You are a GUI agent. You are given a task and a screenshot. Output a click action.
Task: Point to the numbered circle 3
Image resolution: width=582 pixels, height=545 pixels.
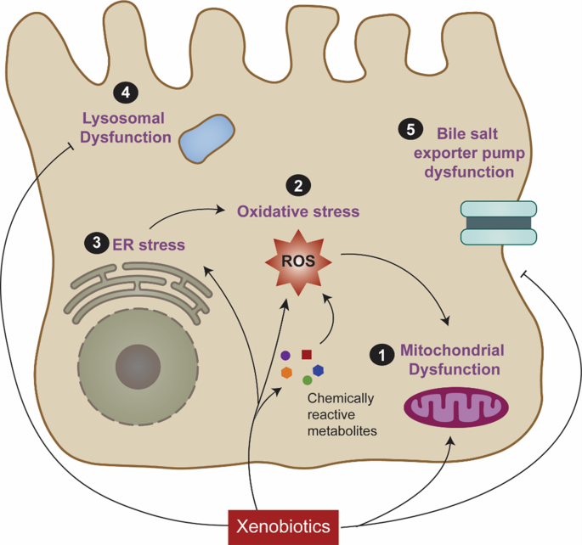[x=96, y=243]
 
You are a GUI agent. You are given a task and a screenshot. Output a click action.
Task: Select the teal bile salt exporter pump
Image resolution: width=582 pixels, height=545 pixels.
[x=498, y=222]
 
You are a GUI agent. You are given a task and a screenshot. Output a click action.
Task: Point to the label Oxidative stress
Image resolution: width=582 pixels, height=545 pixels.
[x=298, y=211]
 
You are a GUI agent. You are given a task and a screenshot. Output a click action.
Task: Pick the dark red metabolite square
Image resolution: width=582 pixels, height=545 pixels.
[x=307, y=354]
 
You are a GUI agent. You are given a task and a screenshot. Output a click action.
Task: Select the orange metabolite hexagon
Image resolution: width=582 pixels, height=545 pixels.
[x=287, y=373]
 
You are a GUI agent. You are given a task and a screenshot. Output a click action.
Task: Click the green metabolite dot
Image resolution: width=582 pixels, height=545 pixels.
[x=307, y=380]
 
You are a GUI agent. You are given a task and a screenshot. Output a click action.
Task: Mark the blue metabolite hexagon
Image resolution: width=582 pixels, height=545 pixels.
[x=318, y=370]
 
